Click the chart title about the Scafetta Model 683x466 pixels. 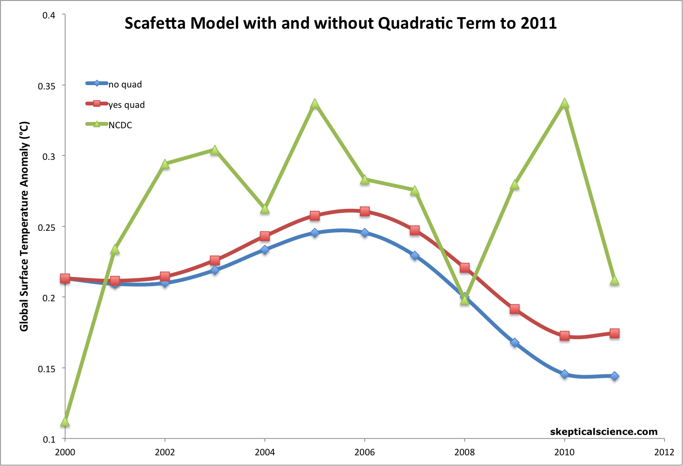pyautogui.click(x=341, y=23)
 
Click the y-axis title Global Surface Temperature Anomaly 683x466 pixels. pyautogui.click(x=24, y=226)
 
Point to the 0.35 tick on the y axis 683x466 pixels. pyautogui.click(x=47, y=86)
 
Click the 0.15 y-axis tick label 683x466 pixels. pyautogui.click(x=47, y=369)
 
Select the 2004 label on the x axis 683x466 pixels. pyautogui.click(x=265, y=452)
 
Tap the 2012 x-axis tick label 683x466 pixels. pyautogui.click(x=664, y=452)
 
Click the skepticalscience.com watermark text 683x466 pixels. pyautogui.click(x=603, y=431)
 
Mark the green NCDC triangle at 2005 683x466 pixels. pyautogui.click(x=315, y=104)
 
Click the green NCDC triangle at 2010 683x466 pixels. pyautogui.click(x=565, y=104)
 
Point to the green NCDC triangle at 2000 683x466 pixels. pyautogui.click(x=65, y=422)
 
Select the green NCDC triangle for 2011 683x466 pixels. pyautogui.click(x=615, y=280)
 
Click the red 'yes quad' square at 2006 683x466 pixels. pyautogui.click(x=365, y=211)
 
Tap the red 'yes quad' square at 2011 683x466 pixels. pyautogui.click(x=615, y=333)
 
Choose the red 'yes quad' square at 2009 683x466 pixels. pyautogui.click(x=515, y=309)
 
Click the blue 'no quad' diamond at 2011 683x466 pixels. pyautogui.click(x=615, y=376)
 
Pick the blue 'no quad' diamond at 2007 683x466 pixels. pyautogui.click(x=415, y=256)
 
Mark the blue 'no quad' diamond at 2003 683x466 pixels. pyautogui.click(x=215, y=270)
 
